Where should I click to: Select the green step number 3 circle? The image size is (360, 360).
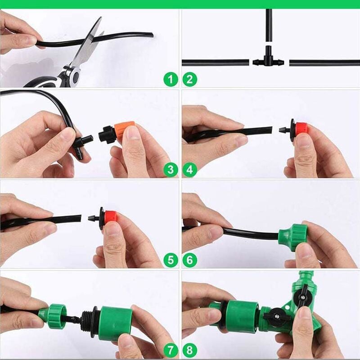pos(171,170)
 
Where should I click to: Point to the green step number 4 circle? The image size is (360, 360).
pos(189,170)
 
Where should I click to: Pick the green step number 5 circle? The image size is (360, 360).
pos(171,260)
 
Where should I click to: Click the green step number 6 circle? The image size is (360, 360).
pos(189,260)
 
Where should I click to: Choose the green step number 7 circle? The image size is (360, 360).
pos(171,350)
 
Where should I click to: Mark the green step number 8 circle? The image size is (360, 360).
pos(189,350)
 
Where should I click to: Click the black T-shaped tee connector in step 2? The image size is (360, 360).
pos(269,61)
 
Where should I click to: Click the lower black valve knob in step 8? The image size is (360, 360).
pos(276,317)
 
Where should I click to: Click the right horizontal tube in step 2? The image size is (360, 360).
pos(324,63)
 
